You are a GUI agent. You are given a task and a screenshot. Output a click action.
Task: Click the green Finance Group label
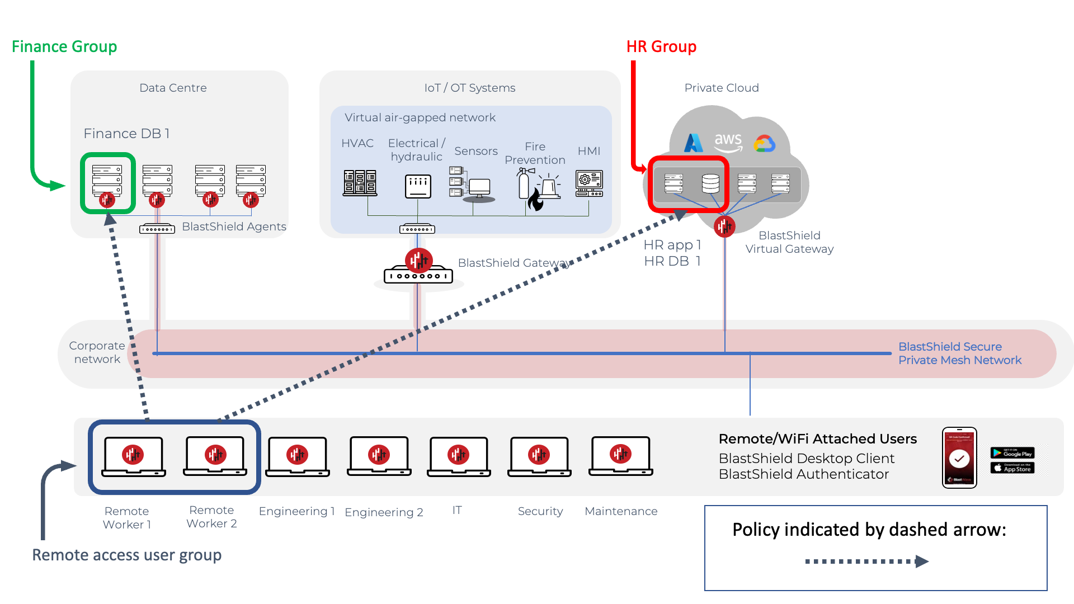[64, 46]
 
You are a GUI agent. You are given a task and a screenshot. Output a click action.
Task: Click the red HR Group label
[661, 46]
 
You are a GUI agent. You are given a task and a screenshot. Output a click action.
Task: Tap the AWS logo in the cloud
[728, 141]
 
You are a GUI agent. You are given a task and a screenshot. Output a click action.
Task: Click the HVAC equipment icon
[360, 183]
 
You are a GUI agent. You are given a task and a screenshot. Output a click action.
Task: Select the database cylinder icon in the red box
[710, 183]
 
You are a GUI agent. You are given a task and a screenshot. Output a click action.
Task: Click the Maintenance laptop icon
[620, 456]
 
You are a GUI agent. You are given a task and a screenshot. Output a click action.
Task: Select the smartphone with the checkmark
[959, 458]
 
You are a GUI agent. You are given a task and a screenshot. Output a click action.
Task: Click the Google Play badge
[1012, 453]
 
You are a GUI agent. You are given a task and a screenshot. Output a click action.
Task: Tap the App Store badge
[1012, 468]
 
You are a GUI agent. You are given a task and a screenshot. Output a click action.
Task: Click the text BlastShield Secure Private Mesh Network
[959, 353]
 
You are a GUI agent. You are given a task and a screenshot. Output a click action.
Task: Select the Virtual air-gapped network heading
[420, 117]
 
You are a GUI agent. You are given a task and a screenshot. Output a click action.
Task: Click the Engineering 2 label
[384, 512]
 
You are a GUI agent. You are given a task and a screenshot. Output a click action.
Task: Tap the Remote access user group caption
[127, 555]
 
